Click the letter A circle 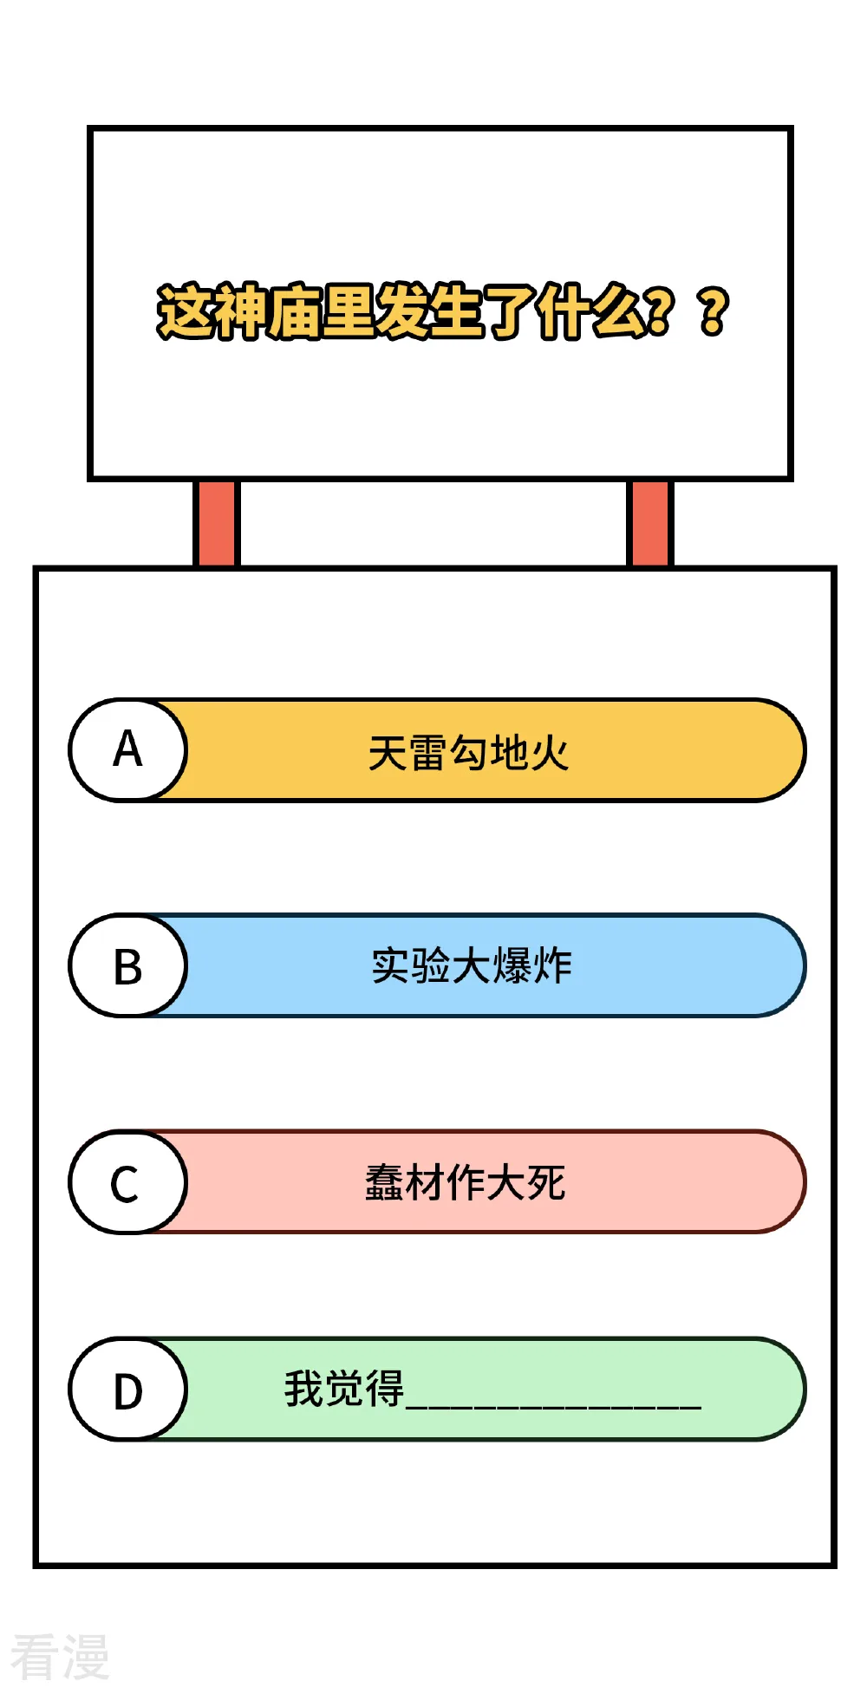point(127,749)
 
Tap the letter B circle point(127,965)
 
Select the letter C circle point(127,1181)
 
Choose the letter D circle point(127,1389)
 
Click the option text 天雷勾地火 point(468,752)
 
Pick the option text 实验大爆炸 point(472,966)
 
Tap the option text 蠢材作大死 point(466,1182)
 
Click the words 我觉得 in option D point(344,1388)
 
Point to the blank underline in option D point(554,1406)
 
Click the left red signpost point(215,523)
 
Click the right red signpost point(649,523)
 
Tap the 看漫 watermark point(60,1656)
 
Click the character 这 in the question point(184,311)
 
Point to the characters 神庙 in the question point(265,311)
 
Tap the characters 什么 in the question point(591,311)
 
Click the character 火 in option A point(550,752)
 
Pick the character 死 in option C point(546,1182)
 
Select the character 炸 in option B point(553,966)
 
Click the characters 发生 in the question point(428,311)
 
